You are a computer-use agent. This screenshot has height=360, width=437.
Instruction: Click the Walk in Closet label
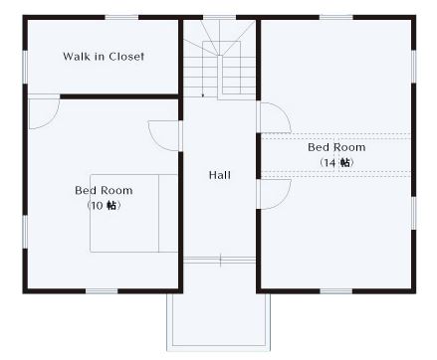click(x=104, y=57)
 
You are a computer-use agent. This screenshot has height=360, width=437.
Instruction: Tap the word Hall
click(x=220, y=175)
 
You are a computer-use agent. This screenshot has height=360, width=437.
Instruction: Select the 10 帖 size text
click(x=104, y=206)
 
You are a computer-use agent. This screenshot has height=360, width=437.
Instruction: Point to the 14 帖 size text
click(x=336, y=163)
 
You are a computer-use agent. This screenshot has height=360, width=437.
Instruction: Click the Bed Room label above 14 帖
click(x=336, y=147)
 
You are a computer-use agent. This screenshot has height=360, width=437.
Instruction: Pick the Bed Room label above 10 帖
click(x=104, y=190)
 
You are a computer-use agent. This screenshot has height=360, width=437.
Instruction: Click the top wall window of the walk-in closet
click(x=121, y=17)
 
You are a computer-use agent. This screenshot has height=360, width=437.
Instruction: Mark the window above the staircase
click(x=219, y=17)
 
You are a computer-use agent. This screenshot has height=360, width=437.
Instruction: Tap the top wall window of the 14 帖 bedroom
click(x=336, y=17)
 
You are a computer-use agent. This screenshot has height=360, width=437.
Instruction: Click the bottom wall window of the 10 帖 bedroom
click(x=102, y=291)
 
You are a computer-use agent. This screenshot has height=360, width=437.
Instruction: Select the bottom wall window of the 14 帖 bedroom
click(x=336, y=291)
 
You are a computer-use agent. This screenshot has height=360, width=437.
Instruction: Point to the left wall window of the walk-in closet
click(x=25, y=67)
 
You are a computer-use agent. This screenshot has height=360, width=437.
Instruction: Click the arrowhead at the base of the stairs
click(x=203, y=95)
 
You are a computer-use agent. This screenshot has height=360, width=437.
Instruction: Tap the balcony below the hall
click(x=218, y=320)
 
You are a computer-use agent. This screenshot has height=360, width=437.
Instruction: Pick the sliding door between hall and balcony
click(x=219, y=260)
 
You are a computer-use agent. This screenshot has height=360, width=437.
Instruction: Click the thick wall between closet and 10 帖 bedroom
click(x=120, y=96)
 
